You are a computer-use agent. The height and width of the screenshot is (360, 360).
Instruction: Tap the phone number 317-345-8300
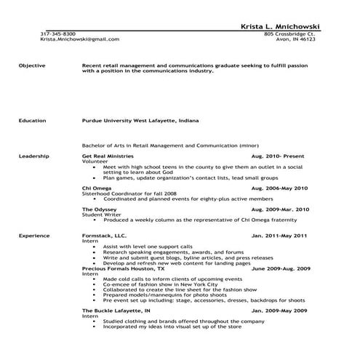pos(57,33)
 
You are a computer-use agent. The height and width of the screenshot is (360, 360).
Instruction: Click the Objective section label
pos(32,65)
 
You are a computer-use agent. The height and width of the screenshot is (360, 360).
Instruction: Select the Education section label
pos(33,121)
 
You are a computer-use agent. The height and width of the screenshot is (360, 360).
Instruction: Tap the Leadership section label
pos(34,156)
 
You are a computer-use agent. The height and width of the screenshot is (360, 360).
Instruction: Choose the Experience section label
pos(34,236)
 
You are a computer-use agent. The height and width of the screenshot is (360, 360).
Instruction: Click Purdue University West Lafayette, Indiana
pos(140,121)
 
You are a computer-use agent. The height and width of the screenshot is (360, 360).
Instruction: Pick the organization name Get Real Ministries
pos(107,156)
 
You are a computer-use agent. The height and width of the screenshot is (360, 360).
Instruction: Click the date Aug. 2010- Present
pos(279,156)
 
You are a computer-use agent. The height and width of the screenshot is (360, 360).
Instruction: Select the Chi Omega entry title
pos(97,188)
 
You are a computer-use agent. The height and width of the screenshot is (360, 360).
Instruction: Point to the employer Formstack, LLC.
pos(104,236)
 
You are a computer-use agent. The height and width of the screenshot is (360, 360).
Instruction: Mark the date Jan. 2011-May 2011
pos(279,236)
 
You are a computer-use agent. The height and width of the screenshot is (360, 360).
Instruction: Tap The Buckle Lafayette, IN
pos(116,311)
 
